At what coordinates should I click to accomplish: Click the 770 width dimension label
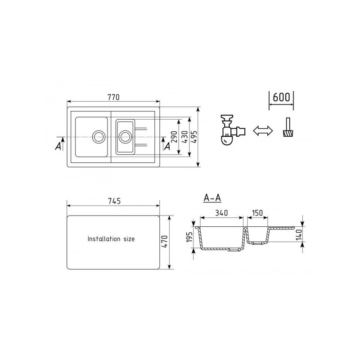click(114, 97)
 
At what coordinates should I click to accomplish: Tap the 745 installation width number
click(114, 201)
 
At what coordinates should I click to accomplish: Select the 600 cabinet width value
click(281, 97)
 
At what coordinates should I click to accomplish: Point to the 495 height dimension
click(194, 137)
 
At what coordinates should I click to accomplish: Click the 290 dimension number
click(175, 137)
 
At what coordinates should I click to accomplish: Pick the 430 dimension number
click(184, 137)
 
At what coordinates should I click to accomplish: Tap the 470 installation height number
click(164, 242)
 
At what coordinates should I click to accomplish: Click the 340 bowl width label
click(221, 213)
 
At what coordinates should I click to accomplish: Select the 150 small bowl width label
click(257, 213)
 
